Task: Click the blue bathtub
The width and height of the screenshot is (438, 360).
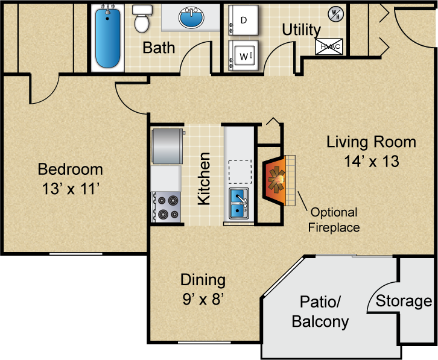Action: pos(107,38)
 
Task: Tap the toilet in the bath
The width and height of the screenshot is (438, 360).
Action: pos(142,19)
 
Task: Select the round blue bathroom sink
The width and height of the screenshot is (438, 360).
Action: pos(191,18)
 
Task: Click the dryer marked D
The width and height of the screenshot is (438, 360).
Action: pos(243,20)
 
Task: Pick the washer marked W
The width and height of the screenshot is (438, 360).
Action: pos(243,56)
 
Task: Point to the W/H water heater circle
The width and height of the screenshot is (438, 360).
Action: pos(335,14)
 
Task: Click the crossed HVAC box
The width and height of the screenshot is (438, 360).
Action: pos(329,46)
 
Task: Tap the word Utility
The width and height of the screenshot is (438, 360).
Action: pos(302,30)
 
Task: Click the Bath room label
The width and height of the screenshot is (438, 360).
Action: pos(159,48)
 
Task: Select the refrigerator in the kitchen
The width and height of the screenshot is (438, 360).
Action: pos(167,146)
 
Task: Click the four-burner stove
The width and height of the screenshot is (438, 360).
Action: pos(166,207)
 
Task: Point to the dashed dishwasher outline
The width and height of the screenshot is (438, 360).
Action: pos(240,171)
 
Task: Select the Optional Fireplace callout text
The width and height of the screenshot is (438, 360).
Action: pos(334,220)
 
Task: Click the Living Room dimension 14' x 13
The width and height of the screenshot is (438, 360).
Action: pos(372,162)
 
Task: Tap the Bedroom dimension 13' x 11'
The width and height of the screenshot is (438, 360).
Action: pos(71,189)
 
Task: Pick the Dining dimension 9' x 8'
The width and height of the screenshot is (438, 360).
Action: pos(203,299)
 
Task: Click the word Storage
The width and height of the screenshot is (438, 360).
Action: pos(404,302)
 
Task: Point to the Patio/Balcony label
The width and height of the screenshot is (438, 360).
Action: pos(320,312)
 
